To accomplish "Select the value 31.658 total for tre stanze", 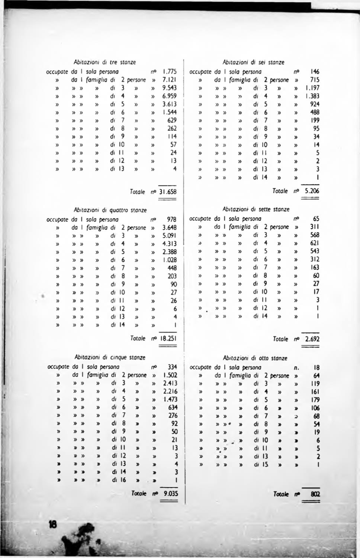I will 167,192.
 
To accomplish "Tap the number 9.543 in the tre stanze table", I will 169,88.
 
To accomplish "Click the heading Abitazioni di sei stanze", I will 253,62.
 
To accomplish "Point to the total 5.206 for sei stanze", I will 312,191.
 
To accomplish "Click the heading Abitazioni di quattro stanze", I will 110,210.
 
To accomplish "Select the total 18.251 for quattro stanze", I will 167,339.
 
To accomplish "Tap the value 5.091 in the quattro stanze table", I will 169,235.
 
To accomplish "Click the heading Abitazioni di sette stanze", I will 256,209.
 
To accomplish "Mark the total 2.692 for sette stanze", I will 312,339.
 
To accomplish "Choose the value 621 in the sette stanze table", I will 315,243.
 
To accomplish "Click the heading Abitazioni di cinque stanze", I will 110,358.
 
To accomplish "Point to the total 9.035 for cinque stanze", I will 169,494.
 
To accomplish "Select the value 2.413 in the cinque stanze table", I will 170,383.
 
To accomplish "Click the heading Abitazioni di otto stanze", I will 255,358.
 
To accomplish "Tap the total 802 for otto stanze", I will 315,494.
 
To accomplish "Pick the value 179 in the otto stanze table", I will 315,400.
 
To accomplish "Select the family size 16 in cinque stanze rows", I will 122,480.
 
